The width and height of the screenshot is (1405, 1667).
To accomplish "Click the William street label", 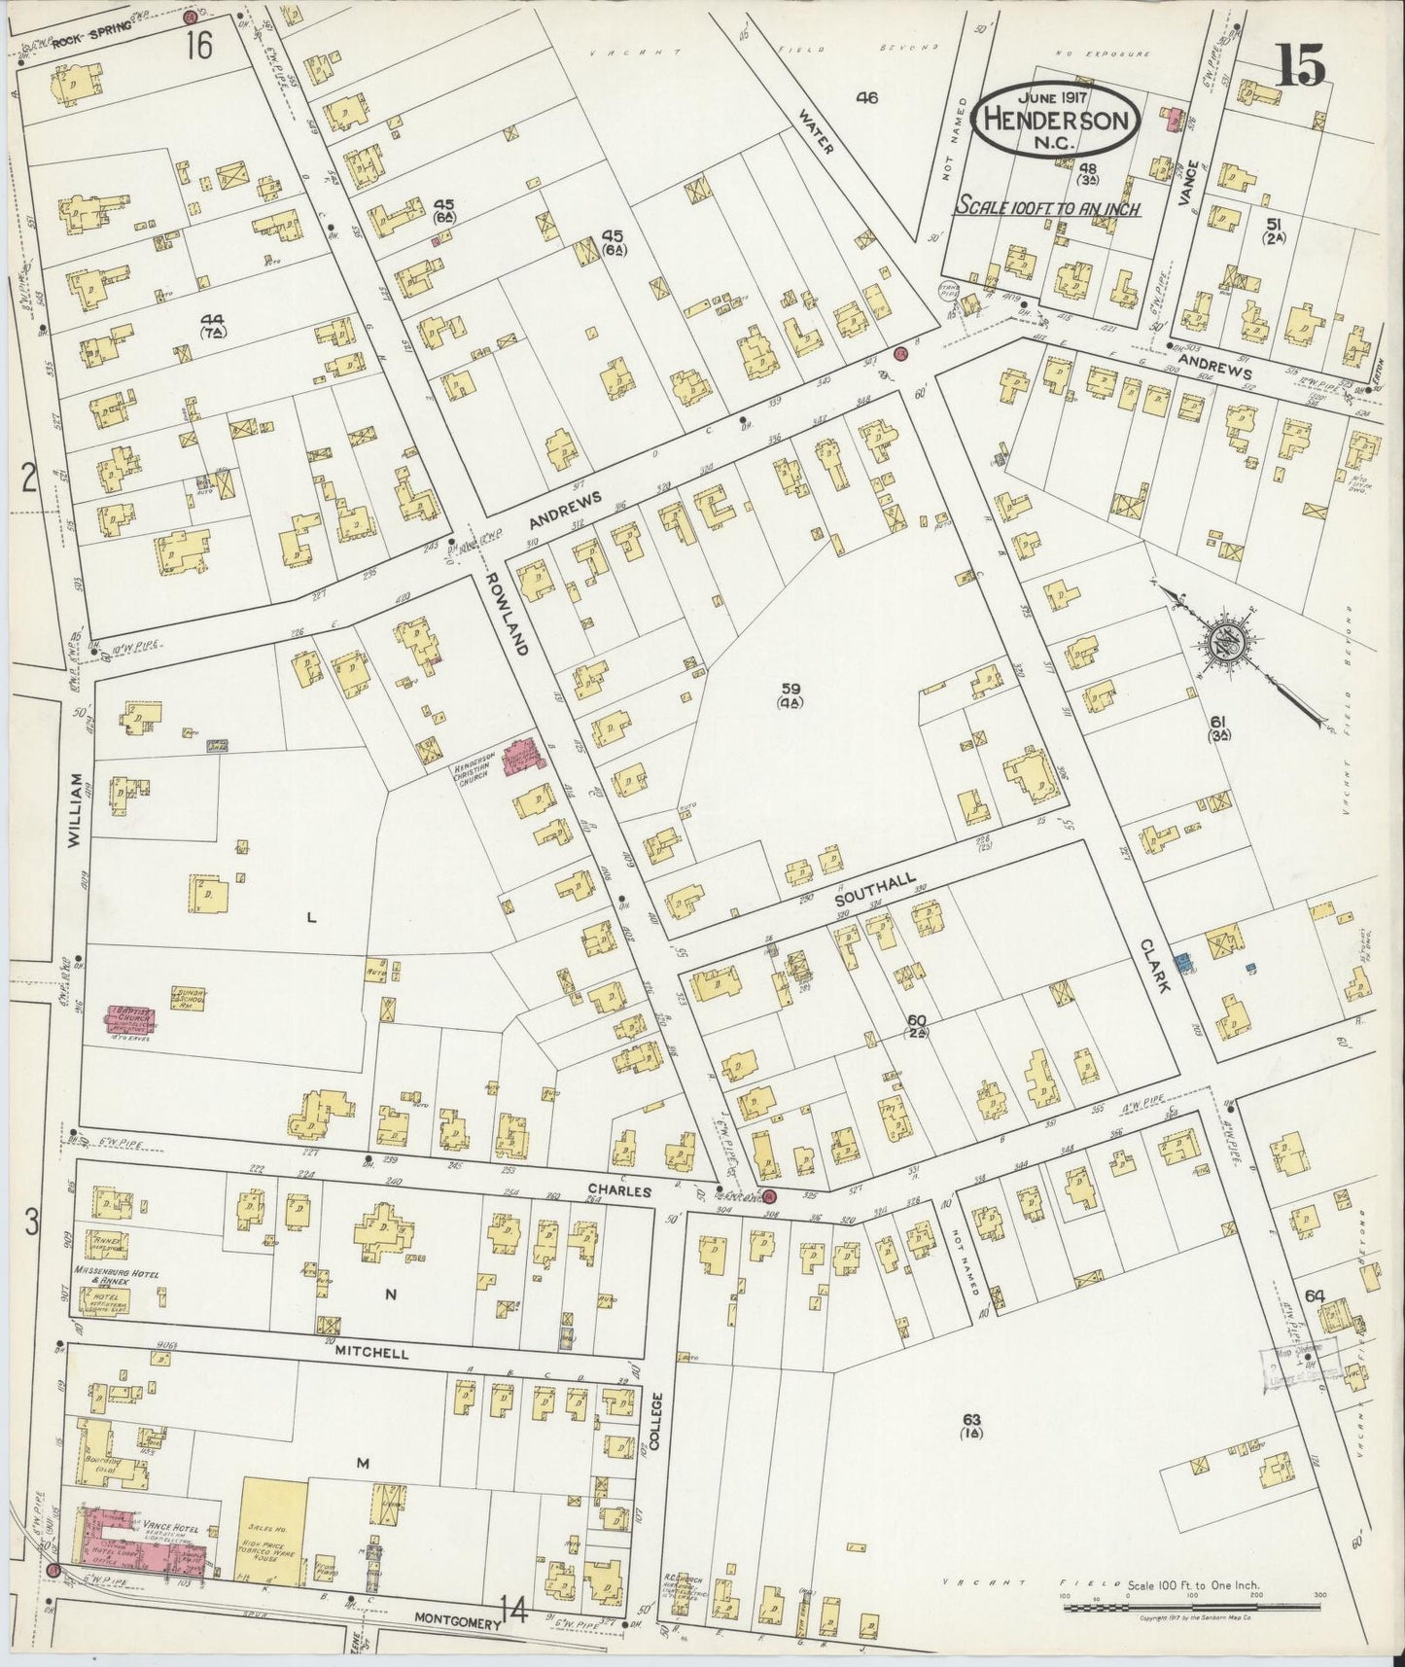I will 78,817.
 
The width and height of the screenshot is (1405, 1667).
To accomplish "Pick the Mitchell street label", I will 371,1353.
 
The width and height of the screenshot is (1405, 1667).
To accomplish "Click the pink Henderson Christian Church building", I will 521,755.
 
